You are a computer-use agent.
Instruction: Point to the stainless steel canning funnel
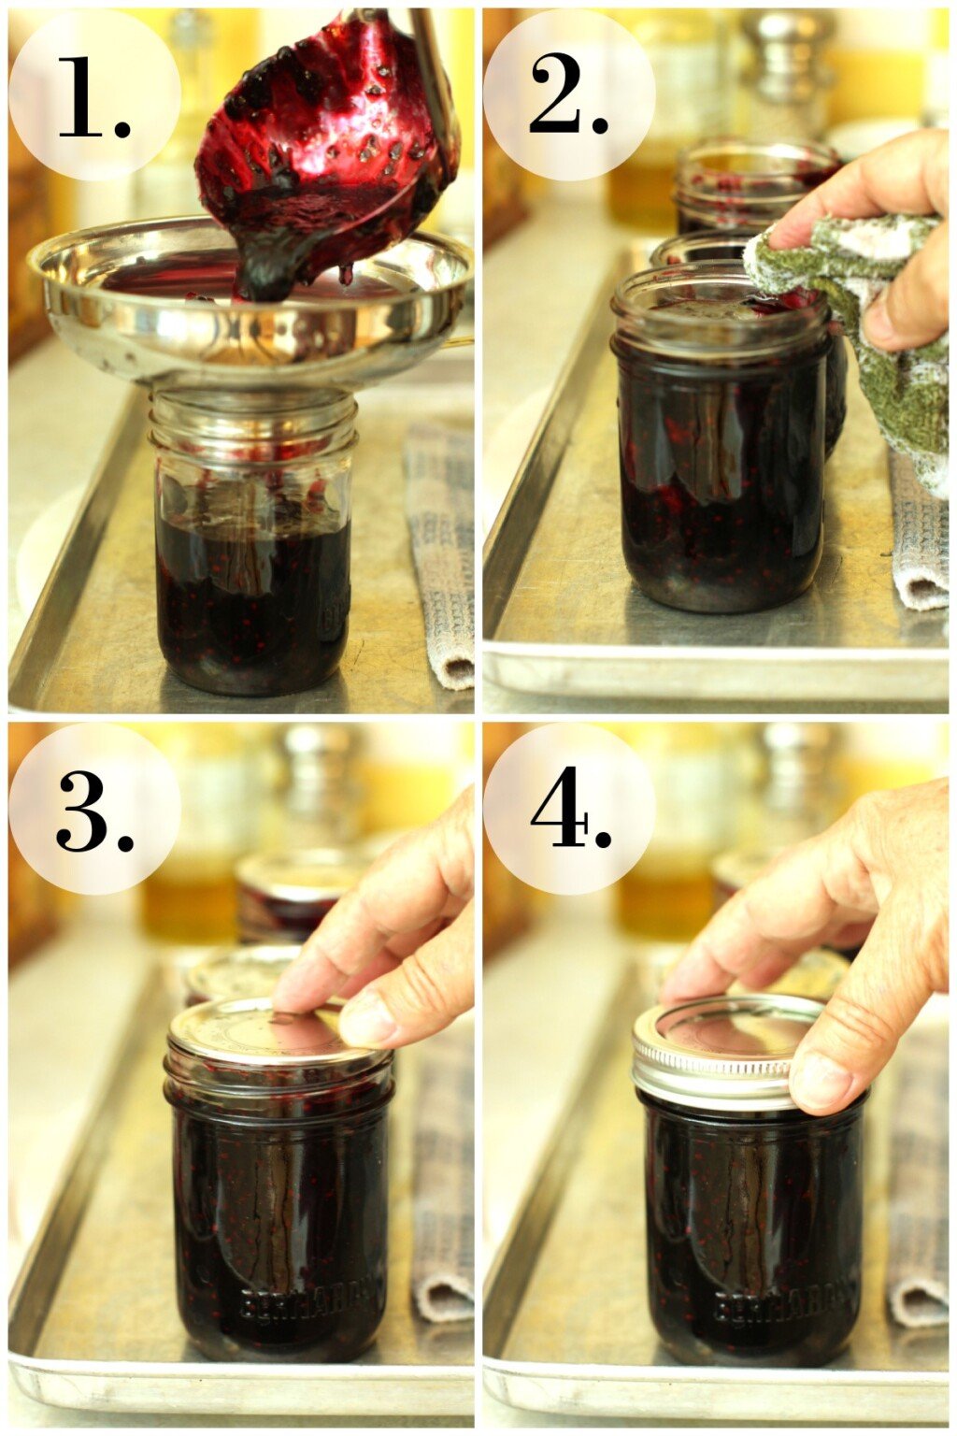tap(248, 309)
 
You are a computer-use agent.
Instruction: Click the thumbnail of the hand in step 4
tap(822, 1080)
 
